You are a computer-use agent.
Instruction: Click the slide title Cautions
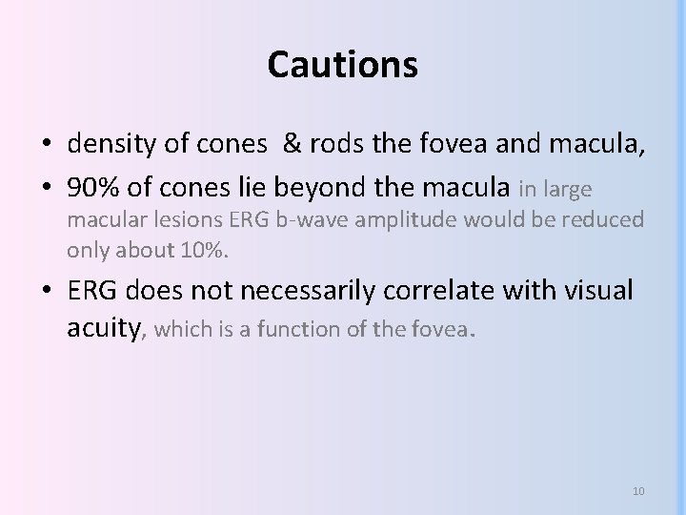pos(342,65)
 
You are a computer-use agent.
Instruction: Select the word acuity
pos(103,329)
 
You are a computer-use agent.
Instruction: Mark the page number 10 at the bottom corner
pos(638,491)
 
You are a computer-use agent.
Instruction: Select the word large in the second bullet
pos(568,190)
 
